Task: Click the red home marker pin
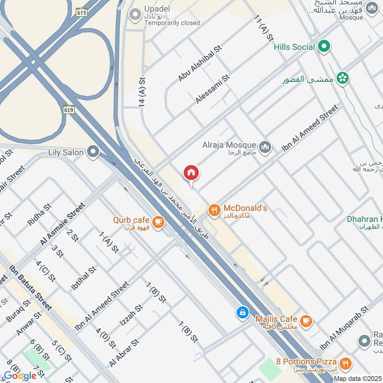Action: pos(191,173)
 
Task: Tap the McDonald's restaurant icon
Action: pos(214,209)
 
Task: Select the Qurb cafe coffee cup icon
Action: pos(158,222)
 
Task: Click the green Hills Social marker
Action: pos(324,47)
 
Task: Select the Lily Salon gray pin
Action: pos(93,152)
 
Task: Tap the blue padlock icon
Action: pos(243,313)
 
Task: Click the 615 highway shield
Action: pos(81,13)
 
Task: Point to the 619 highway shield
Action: pos(68,109)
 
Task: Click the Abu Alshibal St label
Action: pos(201,63)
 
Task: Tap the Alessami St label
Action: pos(213,89)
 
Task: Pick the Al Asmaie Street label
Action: pos(62,224)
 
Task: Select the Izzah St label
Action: pos(131,315)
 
